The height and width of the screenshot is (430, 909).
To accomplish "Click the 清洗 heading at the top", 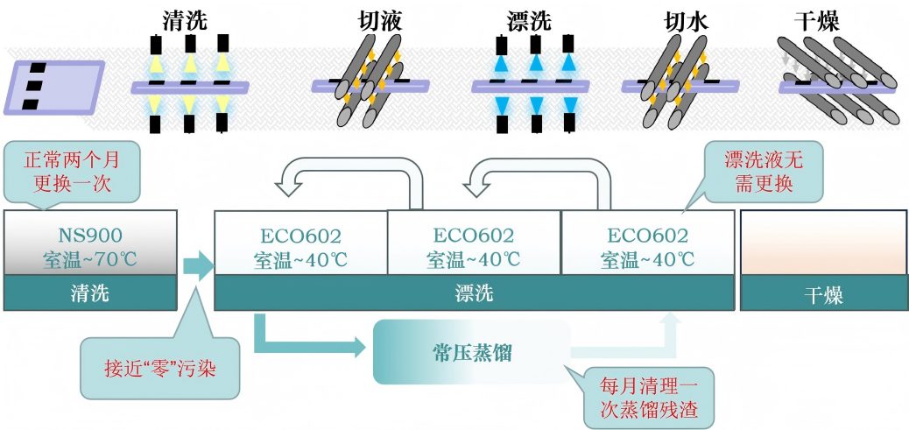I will (185, 20).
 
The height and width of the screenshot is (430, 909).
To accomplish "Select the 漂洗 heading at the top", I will (531, 20).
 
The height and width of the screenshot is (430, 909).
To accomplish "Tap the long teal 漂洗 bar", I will (474, 293).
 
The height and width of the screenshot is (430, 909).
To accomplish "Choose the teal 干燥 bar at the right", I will (823, 295).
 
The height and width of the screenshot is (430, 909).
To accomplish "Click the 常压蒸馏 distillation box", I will (471, 352).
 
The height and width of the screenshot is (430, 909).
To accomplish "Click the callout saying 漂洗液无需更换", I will (761, 171).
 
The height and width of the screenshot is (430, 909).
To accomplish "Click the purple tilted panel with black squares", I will (54, 87).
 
